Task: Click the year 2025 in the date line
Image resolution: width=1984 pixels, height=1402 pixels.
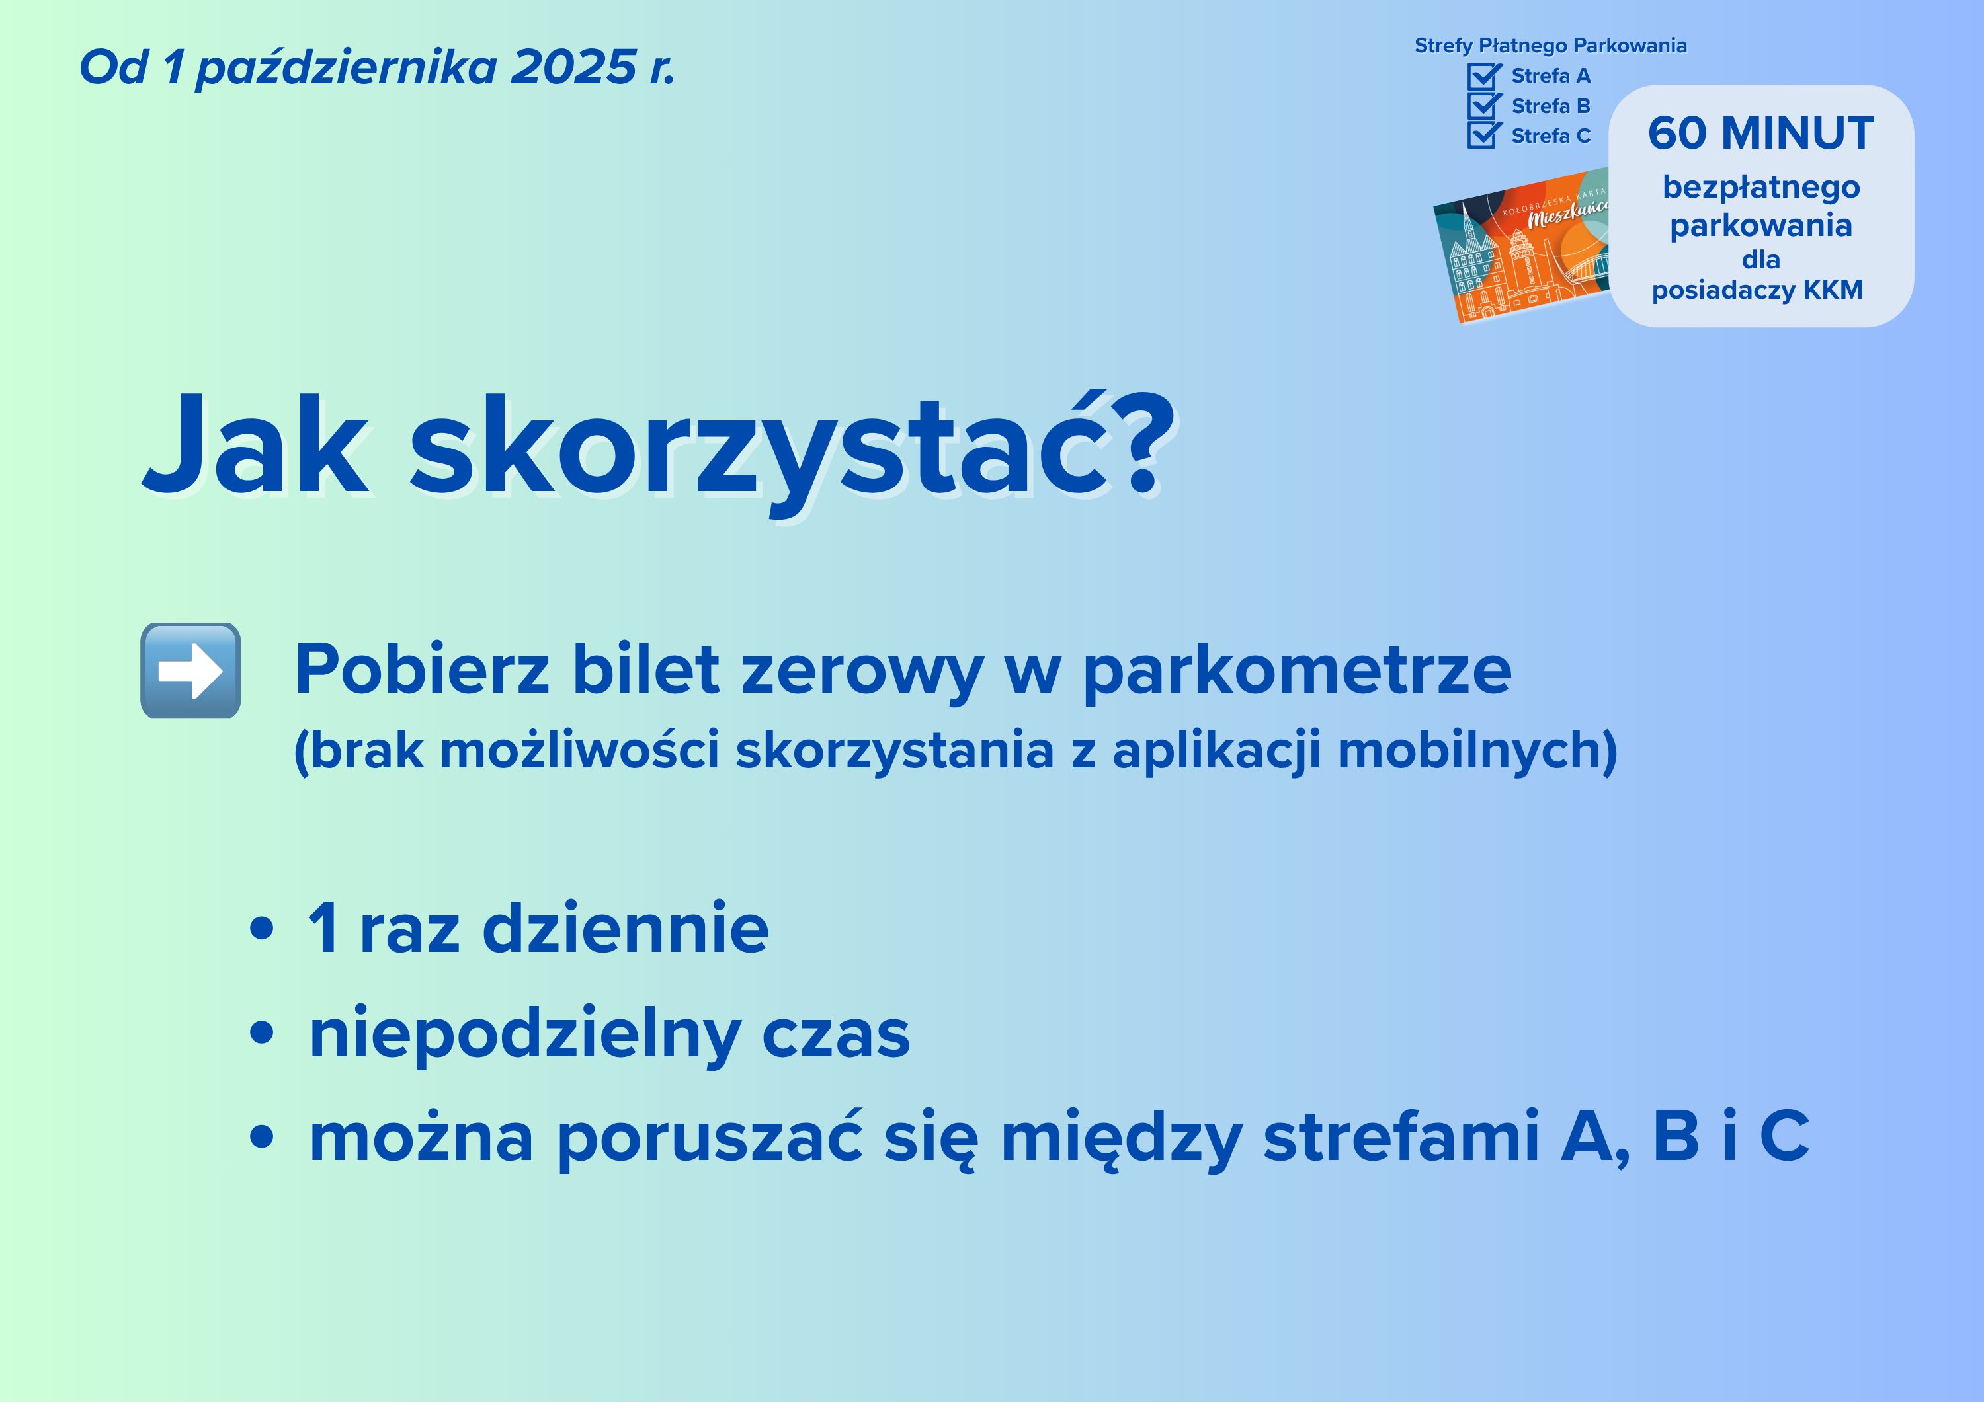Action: [573, 67]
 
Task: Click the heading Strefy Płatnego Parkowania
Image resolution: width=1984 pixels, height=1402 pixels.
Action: [1550, 45]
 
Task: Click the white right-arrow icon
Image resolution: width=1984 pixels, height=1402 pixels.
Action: [190, 670]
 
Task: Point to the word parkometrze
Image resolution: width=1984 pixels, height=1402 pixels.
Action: [1297, 671]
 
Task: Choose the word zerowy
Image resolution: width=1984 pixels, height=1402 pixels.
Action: [862, 671]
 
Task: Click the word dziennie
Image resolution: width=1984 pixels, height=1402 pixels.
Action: [625, 928]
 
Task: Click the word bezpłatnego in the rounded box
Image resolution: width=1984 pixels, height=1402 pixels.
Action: [1761, 188]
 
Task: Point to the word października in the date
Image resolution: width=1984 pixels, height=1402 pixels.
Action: [347, 67]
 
